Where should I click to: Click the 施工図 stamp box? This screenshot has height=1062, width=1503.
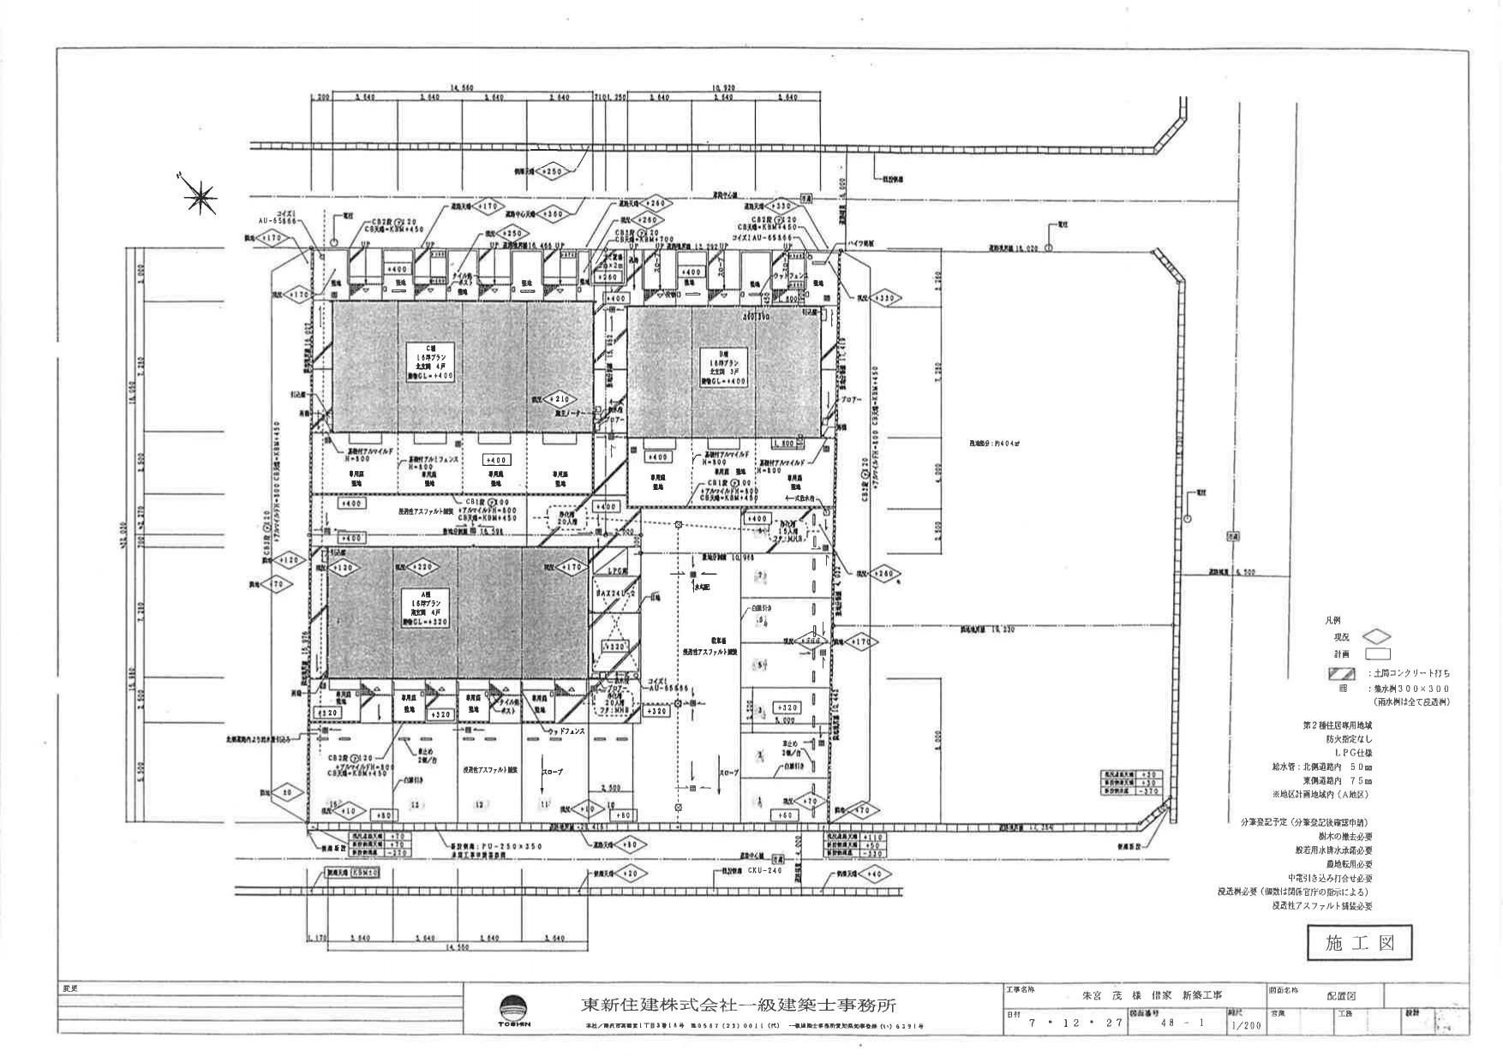pos(1360,944)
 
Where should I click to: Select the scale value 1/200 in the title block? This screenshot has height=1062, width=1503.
pos(1246,1023)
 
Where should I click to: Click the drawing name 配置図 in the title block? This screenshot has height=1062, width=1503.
pos(1342,996)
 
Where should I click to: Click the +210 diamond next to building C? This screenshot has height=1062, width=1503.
pos(558,399)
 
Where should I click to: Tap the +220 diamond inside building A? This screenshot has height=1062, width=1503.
pos(422,566)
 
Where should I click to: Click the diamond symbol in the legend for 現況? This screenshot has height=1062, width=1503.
pos(1376,637)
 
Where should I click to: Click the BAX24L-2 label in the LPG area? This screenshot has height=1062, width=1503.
pos(615,593)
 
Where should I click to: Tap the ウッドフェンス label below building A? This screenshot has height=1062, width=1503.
pos(566,731)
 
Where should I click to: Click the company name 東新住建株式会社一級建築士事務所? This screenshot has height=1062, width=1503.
pos(739,1005)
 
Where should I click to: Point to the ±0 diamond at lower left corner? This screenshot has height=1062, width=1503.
pos(287,793)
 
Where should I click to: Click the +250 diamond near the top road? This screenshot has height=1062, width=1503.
pos(554,171)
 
